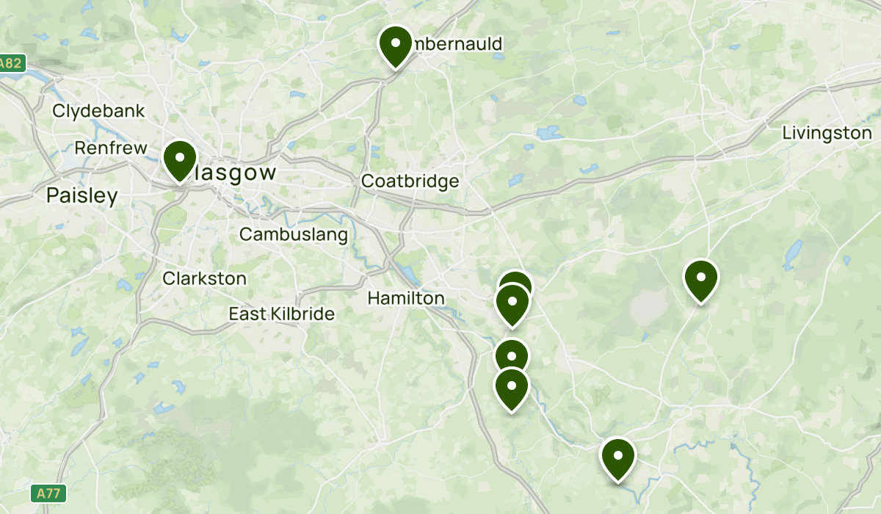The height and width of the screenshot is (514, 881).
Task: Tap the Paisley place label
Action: tap(81, 196)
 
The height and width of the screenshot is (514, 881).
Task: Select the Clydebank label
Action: tap(99, 112)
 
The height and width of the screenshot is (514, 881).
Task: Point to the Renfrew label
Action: tap(111, 148)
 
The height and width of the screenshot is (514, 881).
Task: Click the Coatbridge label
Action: tap(410, 181)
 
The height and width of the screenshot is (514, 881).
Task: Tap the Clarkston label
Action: tap(205, 279)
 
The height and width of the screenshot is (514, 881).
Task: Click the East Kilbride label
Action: tap(281, 314)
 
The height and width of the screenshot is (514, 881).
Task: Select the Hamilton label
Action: tap(406, 298)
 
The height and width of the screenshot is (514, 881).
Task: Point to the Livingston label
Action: tap(827, 133)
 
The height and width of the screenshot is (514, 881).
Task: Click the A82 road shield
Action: tap(11, 64)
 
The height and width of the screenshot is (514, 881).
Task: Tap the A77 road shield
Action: tap(45, 492)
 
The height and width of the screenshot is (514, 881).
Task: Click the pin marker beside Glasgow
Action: tap(179, 160)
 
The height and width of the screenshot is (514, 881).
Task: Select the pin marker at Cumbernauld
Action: tap(395, 46)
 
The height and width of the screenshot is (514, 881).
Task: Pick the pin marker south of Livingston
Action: tap(700, 280)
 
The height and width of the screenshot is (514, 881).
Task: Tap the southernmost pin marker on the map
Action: tap(618, 458)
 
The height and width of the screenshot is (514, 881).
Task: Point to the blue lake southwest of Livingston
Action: tap(793, 253)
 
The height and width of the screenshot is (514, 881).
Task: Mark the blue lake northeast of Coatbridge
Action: tap(548, 134)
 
